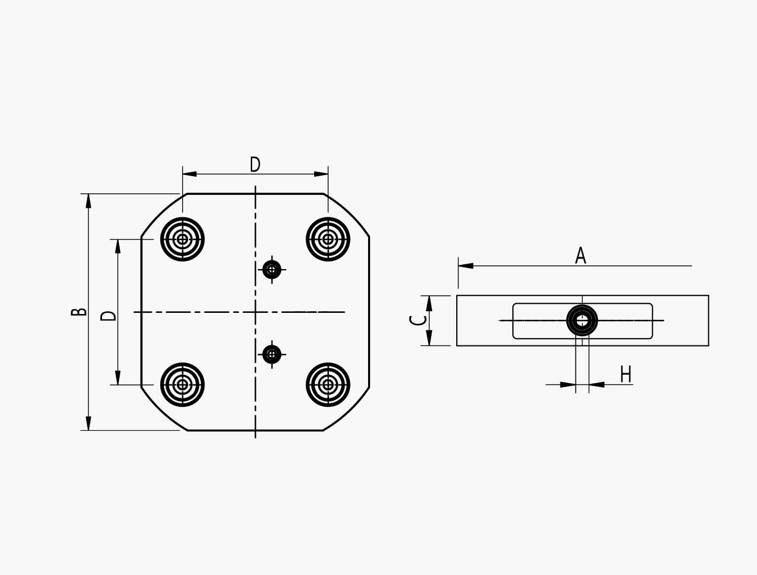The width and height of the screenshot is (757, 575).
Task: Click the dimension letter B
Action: click(x=79, y=312)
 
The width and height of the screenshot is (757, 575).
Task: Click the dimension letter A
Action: click(x=580, y=255)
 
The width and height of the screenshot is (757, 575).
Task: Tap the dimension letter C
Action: click(x=418, y=320)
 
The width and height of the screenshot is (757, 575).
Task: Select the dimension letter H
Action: click(x=626, y=374)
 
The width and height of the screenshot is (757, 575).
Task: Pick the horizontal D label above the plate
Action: click(x=255, y=164)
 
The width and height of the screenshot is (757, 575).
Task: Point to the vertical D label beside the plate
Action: click(x=108, y=316)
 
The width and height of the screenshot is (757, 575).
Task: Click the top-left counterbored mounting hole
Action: click(x=183, y=239)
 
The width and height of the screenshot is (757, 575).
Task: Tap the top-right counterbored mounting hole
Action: click(x=328, y=239)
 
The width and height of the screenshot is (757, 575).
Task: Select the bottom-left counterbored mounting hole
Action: click(x=183, y=384)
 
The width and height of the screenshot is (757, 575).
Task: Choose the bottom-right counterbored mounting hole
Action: click(x=328, y=384)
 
